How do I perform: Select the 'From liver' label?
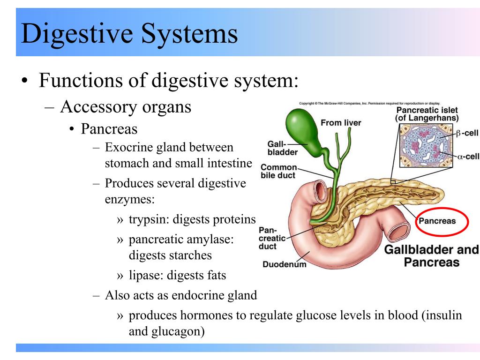click(x=341, y=123)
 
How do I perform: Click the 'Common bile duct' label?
click(x=278, y=171)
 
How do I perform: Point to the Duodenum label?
click(x=284, y=264)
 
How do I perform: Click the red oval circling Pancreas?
click(x=442, y=221)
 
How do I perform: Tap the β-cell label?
click(x=467, y=134)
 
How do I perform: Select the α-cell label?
click(x=467, y=156)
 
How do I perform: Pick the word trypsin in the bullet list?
click(x=148, y=220)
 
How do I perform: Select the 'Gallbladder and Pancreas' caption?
click(x=431, y=255)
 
